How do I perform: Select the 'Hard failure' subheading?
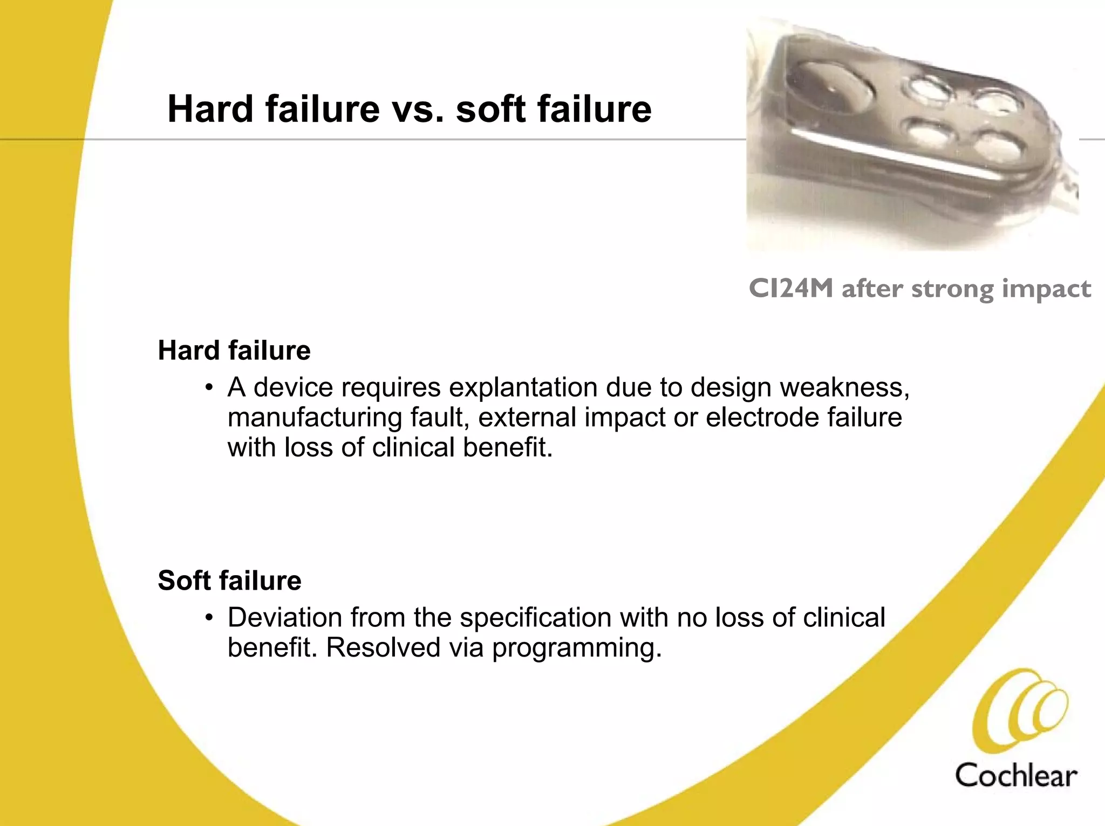[234, 351]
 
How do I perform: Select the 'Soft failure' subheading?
[229, 581]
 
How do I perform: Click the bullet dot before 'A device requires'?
[209, 388]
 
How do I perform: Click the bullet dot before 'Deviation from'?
[209, 618]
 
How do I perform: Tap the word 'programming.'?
[577, 648]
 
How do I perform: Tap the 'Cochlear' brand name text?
[1016, 776]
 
